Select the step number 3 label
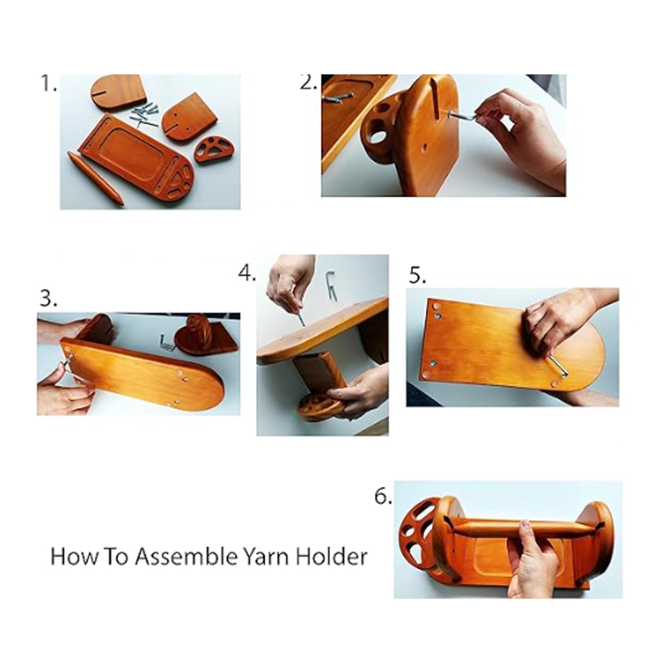pos(49,299)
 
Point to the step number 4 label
pos(247,273)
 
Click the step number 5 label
pos(417,276)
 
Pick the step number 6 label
pos(383,496)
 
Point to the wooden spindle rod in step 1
pos(96,179)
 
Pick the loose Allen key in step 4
pos(331,286)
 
